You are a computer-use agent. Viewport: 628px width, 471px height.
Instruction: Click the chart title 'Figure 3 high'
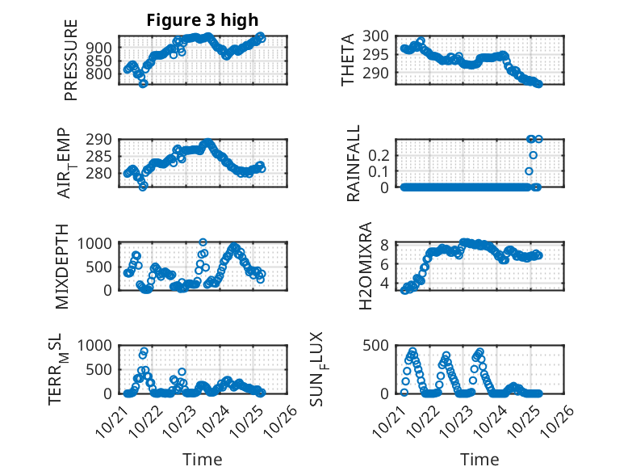point(203,20)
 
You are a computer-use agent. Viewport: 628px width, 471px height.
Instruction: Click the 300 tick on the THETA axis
point(378,36)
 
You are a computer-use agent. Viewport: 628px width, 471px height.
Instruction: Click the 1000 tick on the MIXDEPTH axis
point(95,242)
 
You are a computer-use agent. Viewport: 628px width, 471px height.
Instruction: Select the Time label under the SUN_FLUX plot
point(479,460)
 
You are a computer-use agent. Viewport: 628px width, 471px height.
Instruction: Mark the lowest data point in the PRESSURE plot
point(143,83)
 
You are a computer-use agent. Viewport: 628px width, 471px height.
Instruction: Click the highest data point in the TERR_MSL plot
point(144,351)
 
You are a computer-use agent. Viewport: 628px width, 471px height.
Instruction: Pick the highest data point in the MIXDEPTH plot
point(203,242)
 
